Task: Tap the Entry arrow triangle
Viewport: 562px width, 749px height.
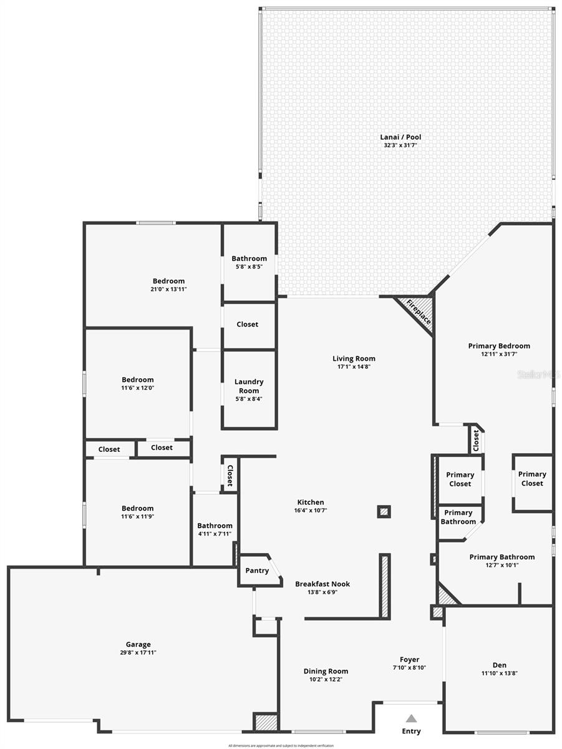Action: [x=410, y=718]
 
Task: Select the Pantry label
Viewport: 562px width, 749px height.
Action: [x=257, y=570]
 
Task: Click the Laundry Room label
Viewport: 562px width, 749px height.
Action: [x=249, y=386]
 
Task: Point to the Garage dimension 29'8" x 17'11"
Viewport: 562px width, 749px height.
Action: [x=138, y=653]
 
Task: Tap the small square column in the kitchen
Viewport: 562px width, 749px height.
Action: [x=384, y=512]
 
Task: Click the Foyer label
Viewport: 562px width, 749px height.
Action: [x=409, y=659]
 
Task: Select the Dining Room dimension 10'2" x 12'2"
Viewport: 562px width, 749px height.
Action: [x=326, y=679]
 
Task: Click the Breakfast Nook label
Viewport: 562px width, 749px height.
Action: [x=322, y=584]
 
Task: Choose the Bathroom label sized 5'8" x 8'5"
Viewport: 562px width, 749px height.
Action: [x=249, y=258]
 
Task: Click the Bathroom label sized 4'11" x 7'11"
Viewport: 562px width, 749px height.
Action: [x=215, y=526]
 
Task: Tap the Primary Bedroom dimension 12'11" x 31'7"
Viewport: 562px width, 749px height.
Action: [x=499, y=354]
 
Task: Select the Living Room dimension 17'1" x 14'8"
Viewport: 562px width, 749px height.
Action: [x=354, y=367]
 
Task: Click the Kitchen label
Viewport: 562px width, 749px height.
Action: [x=310, y=502]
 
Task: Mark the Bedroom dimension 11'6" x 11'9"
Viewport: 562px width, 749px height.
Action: [x=138, y=516]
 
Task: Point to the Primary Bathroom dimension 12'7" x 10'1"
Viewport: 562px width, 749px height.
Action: [x=501, y=565]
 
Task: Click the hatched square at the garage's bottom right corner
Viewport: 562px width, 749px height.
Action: [x=266, y=722]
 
